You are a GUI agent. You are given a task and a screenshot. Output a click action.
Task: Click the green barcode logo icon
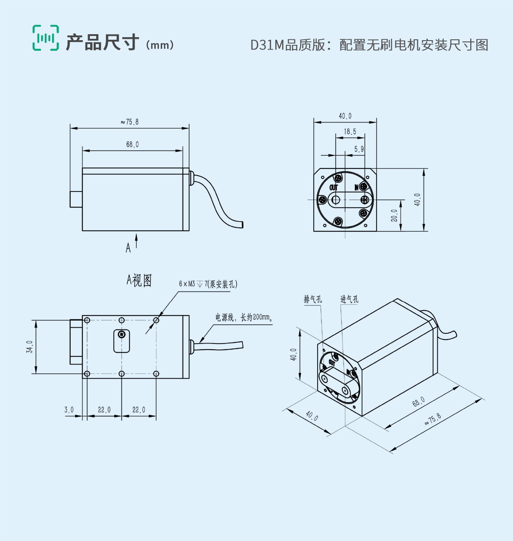point(46,38)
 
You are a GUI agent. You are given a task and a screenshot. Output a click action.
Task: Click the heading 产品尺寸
point(102,43)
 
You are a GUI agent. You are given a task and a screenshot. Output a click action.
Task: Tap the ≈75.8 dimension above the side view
point(130,122)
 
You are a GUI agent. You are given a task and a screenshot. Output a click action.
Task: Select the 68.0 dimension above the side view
point(132,145)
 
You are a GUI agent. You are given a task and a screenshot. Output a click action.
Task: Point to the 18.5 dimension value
point(350,132)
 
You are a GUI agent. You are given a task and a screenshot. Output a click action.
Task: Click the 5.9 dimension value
point(359,149)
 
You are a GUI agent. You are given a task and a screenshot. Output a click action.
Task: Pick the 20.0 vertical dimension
point(394,215)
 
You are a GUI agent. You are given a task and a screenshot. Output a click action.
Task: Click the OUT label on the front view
point(333,188)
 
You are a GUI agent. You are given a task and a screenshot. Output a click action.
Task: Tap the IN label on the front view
point(357,188)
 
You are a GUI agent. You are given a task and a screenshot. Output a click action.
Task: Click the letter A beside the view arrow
point(128,248)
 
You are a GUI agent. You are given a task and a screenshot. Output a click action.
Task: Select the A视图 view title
point(139,281)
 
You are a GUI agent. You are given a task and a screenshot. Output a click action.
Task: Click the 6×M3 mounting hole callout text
point(208,284)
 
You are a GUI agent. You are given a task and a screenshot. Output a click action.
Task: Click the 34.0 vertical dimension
point(29,347)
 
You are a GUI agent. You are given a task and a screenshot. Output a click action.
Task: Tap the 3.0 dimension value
point(69,410)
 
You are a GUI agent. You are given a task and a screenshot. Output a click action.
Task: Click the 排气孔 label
point(313,299)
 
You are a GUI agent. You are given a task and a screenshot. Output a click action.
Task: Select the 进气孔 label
point(349,299)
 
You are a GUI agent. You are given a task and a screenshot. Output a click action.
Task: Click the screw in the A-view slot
point(122,335)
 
